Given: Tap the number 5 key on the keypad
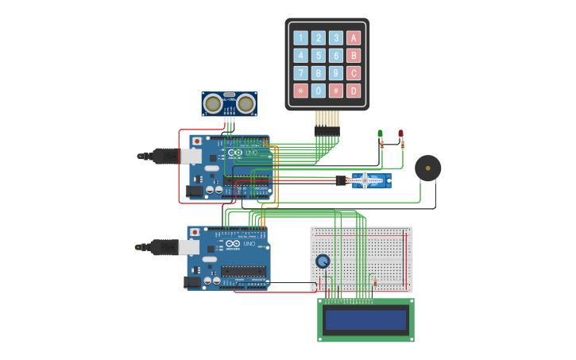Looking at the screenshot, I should coord(319,56).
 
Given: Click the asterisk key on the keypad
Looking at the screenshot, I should coord(300,91).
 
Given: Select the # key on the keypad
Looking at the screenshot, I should coord(336,91).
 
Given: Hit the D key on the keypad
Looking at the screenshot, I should coord(354,91).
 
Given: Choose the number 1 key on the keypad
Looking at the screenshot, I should coord(300,38).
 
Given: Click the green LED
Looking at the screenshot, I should coord(380,134).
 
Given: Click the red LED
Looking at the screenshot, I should coord(400,134).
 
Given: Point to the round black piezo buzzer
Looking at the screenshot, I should coord(427,168).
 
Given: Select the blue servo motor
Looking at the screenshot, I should coord(369,181).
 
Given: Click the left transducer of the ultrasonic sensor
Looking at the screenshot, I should coord(212,103).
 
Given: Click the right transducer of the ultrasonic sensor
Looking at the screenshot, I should coord(245,103).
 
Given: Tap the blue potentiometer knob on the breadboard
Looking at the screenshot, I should coord(323,261).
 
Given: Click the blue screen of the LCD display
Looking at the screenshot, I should coord(365,320).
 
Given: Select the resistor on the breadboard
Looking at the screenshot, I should coord(373,281).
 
